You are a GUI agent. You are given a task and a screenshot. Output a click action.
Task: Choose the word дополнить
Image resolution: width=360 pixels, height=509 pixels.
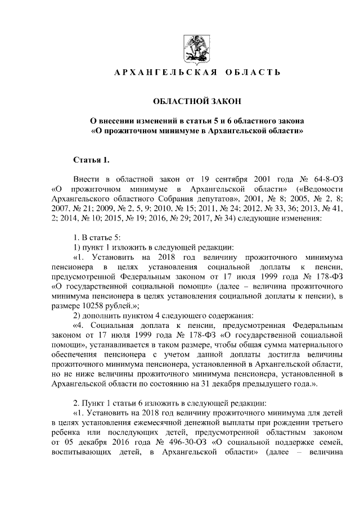105,315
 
